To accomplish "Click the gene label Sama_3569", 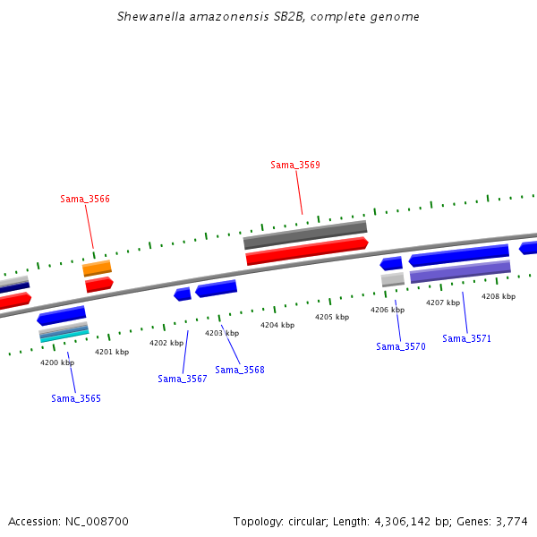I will tap(295, 165).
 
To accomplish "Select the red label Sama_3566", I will tap(85, 199).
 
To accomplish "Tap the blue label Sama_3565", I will tap(76, 398).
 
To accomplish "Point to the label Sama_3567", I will tap(183, 379).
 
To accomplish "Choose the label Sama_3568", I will tap(240, 370).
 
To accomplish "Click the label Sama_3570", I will tap(401, 346).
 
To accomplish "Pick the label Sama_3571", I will tap(467, 338).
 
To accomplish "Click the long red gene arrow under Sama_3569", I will tap(307, 251).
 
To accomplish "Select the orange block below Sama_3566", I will tap(97, 268).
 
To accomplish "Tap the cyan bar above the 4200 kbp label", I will tap(64, 336).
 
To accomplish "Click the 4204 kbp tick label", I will tap(277, 325).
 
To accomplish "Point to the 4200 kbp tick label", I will tap(57, 362).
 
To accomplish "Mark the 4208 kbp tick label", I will tap(499, 296).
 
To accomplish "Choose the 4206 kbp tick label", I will tap(388, 310).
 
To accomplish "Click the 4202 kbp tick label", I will tap(166, 343).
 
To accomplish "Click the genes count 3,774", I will tap(511, 521).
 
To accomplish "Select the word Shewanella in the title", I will tap(149, 17).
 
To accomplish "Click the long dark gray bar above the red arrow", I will tap(305, 234).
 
